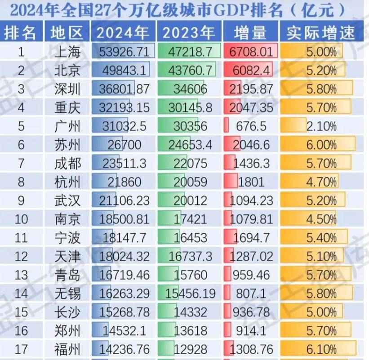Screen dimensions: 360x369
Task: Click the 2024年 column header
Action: pyautogui.click(x=123, y=33)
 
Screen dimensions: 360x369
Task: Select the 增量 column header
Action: pyautogui.click(x=250, y=33)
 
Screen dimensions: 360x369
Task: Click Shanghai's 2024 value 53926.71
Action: pyautogui.click(x=123, y=52)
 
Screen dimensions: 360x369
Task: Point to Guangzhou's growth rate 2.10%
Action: pyautogui.click(x=321, y=126)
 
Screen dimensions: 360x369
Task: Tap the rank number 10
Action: pyautogui.click(x=21, y=219)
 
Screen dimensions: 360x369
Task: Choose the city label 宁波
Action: pyautogui.click(x=67, y=238)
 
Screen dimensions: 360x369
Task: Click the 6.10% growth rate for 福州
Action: pyautogui.click(x=321, y=349)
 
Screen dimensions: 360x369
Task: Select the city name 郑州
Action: pyautogui.click(x=67, y=330)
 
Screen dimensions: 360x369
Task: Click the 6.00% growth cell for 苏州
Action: pyautogui.click(x=321, y=145)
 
